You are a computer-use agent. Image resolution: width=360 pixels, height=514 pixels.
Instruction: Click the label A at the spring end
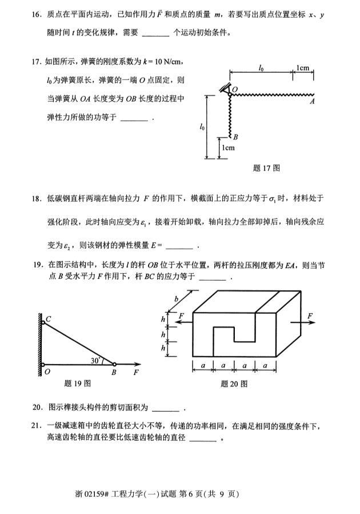click(312, 102)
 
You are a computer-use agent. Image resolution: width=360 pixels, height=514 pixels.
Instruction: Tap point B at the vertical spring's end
click(235, 137)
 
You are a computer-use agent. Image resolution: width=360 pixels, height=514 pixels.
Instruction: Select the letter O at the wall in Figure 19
click(46, 372)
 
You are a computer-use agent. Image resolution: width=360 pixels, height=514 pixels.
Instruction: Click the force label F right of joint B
click(135, 372)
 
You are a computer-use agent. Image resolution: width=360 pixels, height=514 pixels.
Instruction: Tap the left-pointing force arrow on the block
click(182, 322)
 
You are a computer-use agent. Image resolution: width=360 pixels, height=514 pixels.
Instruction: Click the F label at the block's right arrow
click(310, 316)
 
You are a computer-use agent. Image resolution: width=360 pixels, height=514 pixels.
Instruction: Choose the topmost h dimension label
click(163, 319)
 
